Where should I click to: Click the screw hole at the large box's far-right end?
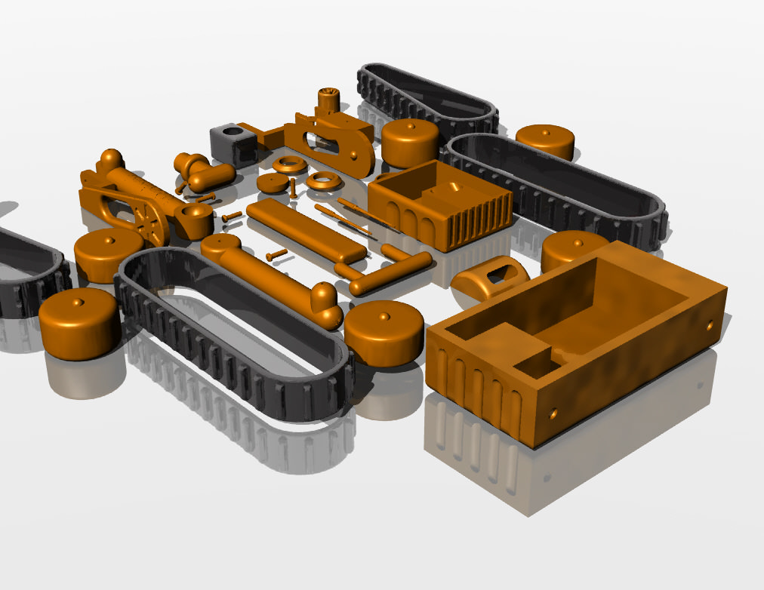click(x=709, y=326)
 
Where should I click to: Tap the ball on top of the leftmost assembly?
click(x=111, y=159)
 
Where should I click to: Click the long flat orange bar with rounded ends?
click(x=306, y=230)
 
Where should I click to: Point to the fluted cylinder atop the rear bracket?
click(x=328, y=99)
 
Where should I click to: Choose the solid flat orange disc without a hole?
click(x=272, y=183)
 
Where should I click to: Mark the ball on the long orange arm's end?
click(x=325, y=296)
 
